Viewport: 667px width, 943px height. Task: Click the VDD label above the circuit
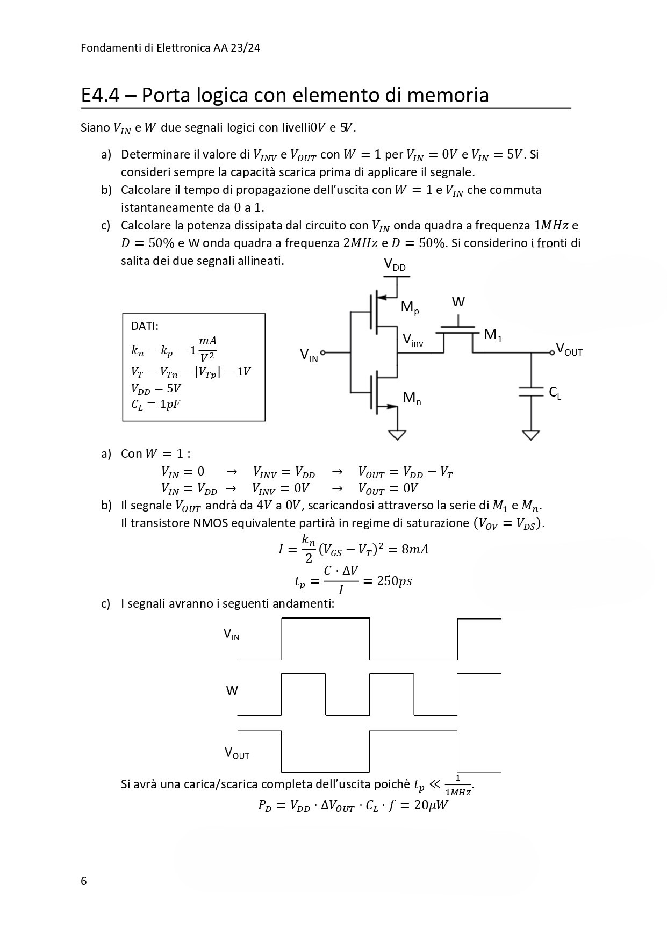pos(395,265)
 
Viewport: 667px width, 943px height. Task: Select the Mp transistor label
pos(410,308)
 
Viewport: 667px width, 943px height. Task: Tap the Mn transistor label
pos(412,398)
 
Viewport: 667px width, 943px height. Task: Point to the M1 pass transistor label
pos(493,336)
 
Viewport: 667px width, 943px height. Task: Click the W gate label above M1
pos(458,302)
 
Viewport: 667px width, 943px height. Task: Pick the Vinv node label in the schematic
pos(413,340)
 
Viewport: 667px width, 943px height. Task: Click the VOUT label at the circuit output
pos(569,350)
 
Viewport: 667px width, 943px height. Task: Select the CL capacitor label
pos(555,393)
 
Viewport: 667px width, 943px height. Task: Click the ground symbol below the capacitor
pos(531,434)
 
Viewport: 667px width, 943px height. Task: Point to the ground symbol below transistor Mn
pos(397,434)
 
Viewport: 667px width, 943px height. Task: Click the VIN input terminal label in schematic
pos(309,355)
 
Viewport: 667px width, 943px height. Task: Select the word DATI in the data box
pos(145,326)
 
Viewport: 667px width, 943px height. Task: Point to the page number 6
pos(83,881)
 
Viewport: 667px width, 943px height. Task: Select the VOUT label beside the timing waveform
pos(236,753)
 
